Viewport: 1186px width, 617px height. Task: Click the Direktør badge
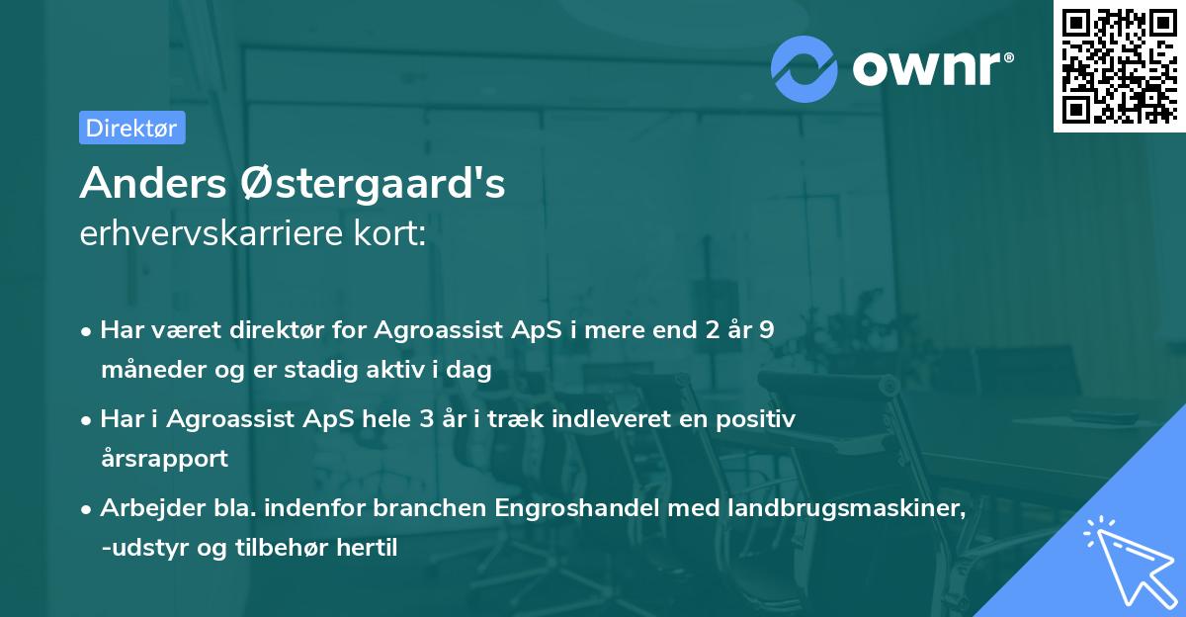pos(131,128)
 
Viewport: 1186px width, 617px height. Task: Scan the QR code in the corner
pos(1119,65)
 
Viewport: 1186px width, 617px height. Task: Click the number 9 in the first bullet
pos(767,330)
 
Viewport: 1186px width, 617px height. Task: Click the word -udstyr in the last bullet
pos(140,548)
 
